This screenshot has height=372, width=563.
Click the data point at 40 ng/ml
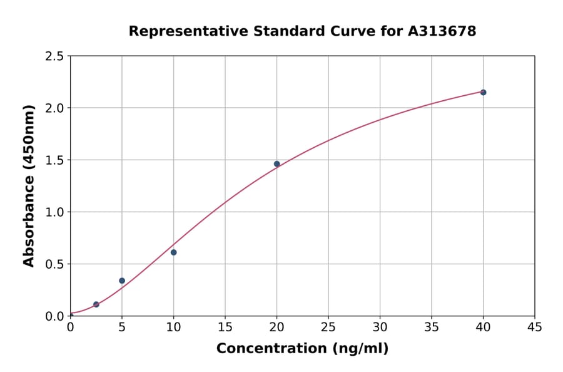click(483, 92)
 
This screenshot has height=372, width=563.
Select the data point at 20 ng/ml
click(276, 164)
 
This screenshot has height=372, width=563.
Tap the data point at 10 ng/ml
click(173, 252)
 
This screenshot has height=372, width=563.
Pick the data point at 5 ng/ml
click(122, 281)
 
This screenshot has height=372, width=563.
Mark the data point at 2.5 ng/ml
click(96, 304)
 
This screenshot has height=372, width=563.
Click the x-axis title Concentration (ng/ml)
click(302, 349)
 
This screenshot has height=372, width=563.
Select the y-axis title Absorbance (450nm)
click(29, 186)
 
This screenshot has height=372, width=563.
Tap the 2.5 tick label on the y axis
click(54, 56)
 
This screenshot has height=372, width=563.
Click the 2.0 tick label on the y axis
click(54, 108)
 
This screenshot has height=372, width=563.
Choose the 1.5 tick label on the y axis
click(54, 160)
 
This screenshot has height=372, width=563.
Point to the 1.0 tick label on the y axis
click(54, 212)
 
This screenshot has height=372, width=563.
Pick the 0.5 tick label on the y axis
click(54, 264)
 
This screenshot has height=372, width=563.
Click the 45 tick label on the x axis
click(535, 327)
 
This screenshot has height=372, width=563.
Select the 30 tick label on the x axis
click(380, 327)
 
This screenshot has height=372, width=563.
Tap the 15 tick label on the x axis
click(225, 327)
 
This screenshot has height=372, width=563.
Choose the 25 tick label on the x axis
click(328, 327)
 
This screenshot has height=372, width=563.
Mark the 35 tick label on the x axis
click(432, 327)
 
